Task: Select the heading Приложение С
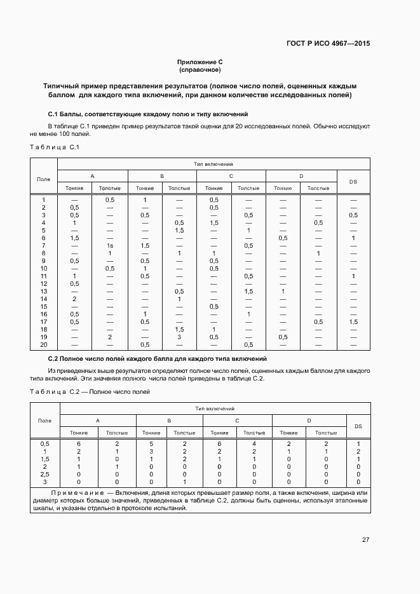pyautogui.click(x=200, y=62)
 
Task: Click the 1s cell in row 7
pyautogui.click(x=110, y=245)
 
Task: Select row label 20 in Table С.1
pyautogui.click(x=44, y=344)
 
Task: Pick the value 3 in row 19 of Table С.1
pyautogui.click(x=179, y=337)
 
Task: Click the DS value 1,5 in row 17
pyautogui.click(x=353, y=321)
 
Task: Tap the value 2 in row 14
pyautogui.click(x=74, y=299)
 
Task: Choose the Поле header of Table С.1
pyautogui.click(x=44, y=179)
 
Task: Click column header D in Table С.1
pyautogui.click(x=301, y=175)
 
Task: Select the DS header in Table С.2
pyautogui.click(x=358, y=426)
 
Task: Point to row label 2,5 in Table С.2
pyautogui.click(x=44, y=474)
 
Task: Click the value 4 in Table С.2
pyautogui.click(x=254, y=443)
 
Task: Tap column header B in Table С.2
pyautogui.click(x=169, y=421)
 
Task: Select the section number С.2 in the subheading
pyautogui.click(x=54, y=359)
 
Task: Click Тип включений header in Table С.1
pyautogui.click(x=213, y=164)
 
